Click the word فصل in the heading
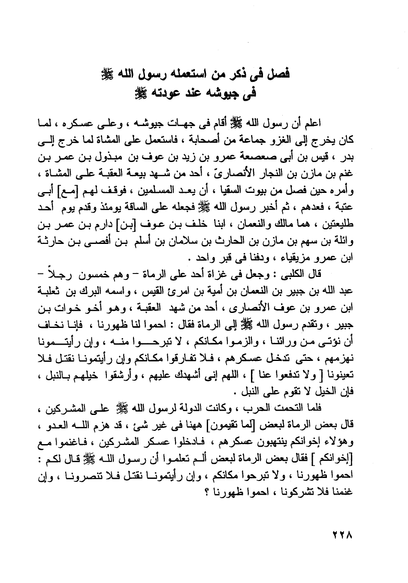pyautogui.click(x=280, y=74)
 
